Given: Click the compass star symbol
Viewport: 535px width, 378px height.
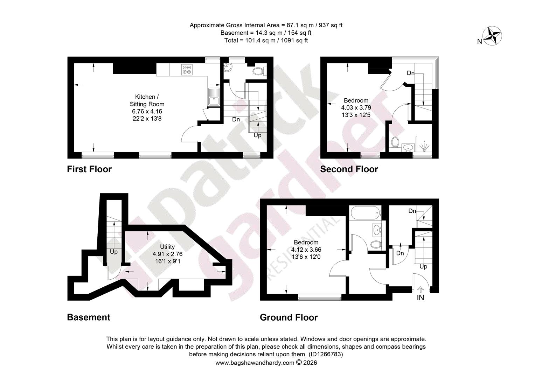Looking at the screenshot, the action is click(x=492, y=36).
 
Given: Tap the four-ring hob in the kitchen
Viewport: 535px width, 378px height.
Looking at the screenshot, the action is click(x=187, y=70).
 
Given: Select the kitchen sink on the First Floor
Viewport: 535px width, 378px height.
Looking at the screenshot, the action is click(x=214, y=97).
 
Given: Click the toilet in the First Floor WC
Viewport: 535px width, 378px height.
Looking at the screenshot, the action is click(x=259, y=71).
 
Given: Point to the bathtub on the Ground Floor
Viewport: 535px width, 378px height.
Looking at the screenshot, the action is click(x=366, y=213).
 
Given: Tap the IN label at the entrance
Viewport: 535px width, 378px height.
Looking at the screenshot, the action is click(x=421, y=297).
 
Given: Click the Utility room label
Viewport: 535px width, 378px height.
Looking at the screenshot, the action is click(x=167, y=247).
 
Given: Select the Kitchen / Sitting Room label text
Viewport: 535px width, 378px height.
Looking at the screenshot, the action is click(x=147, y=100).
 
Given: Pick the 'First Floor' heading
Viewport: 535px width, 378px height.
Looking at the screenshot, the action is click(x=89, y=169).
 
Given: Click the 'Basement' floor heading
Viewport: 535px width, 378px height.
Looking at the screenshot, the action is click(x=89, y=317).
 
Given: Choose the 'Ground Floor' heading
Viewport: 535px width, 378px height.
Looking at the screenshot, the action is click(x=289, y=317).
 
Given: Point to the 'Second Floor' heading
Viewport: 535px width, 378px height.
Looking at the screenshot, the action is click(x=349, y=169).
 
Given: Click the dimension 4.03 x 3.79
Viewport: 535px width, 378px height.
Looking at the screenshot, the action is click(x=356, y=108).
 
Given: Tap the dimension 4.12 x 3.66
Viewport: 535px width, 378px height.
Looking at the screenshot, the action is click(x=306, y=250).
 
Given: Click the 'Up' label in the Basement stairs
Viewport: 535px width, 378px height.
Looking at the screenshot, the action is click(x=114, y=252).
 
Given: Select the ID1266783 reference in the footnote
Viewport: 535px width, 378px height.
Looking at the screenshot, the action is click(x=326, y=354).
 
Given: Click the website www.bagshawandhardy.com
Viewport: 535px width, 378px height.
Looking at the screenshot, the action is click(x=255, y=363).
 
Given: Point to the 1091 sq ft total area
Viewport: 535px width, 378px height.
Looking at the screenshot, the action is click(x=294, y=41).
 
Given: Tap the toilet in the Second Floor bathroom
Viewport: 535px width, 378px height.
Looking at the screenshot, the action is click(x=395, y=142).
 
